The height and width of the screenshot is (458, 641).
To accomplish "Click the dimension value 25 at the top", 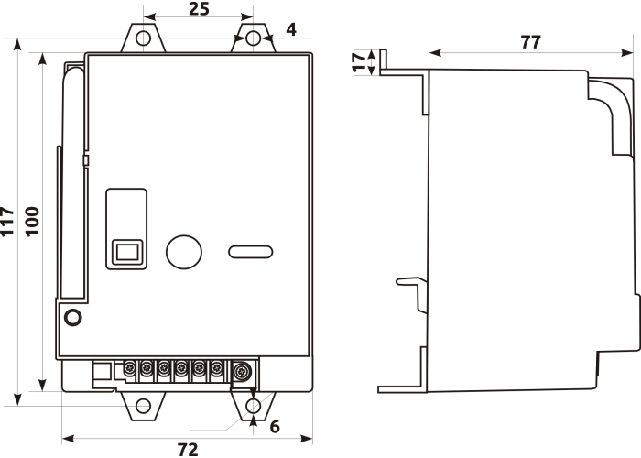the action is pos(199,8).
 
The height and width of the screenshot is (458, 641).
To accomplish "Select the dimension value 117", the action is pos(7,222).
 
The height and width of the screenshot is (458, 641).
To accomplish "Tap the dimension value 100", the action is pos(32,222).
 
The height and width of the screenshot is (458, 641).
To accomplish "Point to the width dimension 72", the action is pos(188,450).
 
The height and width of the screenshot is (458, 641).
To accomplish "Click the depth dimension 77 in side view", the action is pos(530,42).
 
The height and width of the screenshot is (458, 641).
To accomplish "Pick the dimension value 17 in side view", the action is pos(360,62).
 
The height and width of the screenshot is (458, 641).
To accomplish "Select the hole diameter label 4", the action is pos(291,29).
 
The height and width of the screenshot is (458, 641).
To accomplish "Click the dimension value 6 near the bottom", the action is pos(275,427).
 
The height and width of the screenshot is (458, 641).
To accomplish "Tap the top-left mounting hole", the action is pos(143,38).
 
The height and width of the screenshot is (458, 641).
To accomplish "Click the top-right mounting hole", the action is pos(253,38).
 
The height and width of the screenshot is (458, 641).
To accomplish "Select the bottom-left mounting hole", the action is pos(143,406).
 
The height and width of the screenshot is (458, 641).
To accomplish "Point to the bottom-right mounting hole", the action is pos(253,406).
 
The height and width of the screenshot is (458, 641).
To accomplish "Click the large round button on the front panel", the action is pos(184,252).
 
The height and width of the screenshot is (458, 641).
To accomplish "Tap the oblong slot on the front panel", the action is pos(251,252).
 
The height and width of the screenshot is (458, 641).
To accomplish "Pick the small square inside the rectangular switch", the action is pos(127,252).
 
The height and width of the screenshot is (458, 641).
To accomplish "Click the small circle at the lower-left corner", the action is pos(73,317).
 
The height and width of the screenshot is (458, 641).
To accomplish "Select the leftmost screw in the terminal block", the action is pos(130,368).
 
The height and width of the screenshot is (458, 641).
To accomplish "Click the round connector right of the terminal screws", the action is pos(242,371).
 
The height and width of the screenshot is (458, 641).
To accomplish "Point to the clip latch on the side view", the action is pos(412,295).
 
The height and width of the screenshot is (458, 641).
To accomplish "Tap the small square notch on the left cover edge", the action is pos(86,160).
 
